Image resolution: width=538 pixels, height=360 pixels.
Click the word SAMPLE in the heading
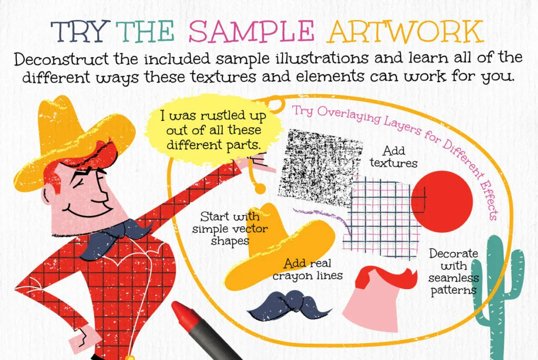(251, 31)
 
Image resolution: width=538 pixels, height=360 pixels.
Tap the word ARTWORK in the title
(405, 32)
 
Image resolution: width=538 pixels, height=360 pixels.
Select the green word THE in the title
(145, 31)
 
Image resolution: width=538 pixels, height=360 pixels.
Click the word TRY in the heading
(80, 31)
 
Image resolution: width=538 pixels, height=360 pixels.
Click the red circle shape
(442, 201)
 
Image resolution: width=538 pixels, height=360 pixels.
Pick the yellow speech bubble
(213, 130)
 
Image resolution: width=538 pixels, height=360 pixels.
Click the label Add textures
(394, 157)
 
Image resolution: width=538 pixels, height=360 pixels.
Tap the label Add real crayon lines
(307, 270)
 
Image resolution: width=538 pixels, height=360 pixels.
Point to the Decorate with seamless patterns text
(453, 272)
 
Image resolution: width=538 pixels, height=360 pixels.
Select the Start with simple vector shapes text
(230, 229)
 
